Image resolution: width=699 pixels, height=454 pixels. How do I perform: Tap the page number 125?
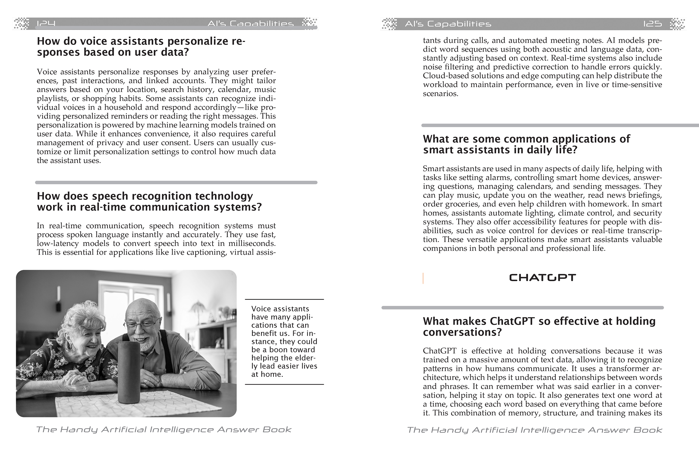pos(652,24)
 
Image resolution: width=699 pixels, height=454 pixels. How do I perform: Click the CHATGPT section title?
pos(542,278)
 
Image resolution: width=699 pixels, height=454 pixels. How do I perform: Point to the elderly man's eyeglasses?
pos(141,325)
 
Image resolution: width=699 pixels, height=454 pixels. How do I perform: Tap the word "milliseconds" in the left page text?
pos(250,244)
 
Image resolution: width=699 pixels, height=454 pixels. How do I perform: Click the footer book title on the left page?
pos(164,430)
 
